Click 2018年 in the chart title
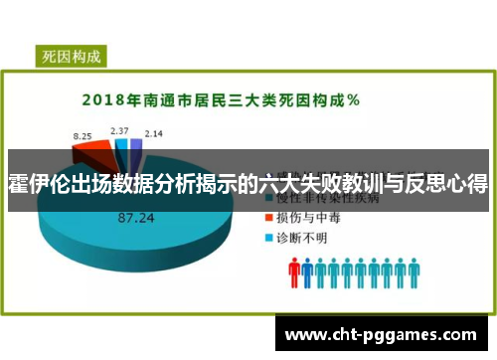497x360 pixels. pos(109,100)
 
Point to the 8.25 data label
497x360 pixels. pos(83,133)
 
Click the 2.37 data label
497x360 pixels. pos(119,130)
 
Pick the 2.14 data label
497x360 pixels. pos(153,132)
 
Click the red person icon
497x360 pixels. pos(295,271)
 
